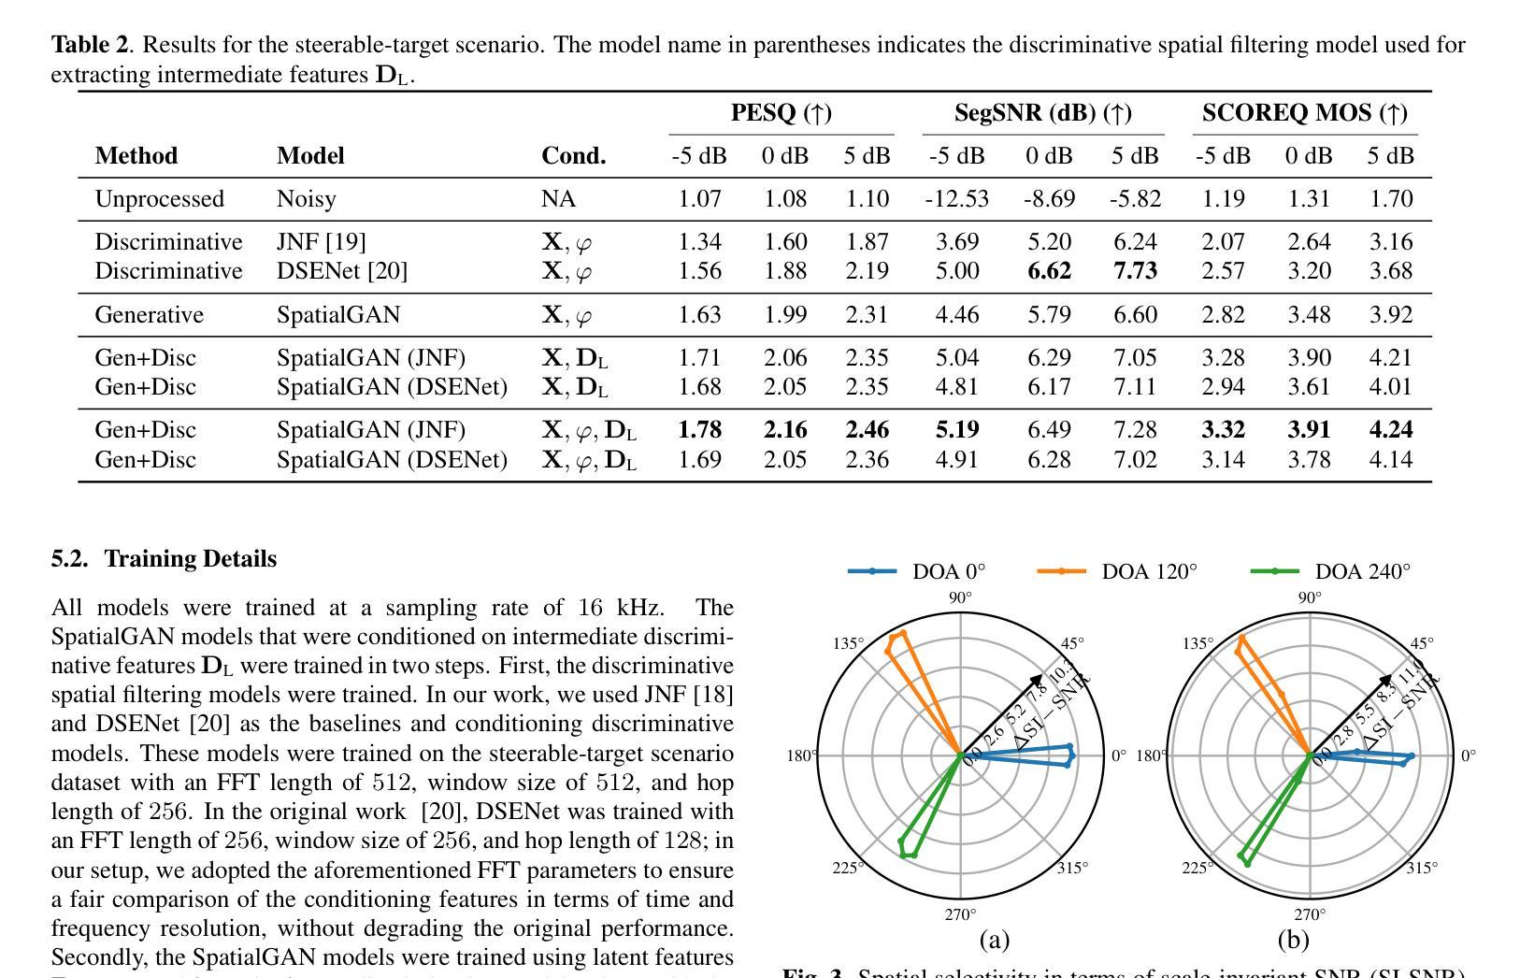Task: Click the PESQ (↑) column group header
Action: click(782, 113)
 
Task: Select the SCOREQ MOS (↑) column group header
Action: click(1304, 113)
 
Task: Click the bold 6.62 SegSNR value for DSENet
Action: click(1049, 271)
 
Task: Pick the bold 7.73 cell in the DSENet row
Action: click(1135, 271)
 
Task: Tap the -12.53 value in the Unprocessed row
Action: click(956, 199)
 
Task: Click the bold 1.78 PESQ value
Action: click(699, 430)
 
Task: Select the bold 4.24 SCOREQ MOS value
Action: click(1390, 430)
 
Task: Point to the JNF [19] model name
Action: click(321, 242)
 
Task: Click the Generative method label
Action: click(149, 315)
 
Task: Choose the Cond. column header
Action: click(573, 156)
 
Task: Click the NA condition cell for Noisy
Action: click(558, 199)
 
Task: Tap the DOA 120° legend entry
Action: click(1117, 571)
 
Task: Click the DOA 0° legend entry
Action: click(917, 571)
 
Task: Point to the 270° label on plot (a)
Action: click(961, 914)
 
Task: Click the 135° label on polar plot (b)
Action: click(1197, 643)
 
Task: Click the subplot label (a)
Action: click(994, 939)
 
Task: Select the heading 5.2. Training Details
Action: click(164, 559)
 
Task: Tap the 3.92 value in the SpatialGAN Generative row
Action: click(1390, 315)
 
